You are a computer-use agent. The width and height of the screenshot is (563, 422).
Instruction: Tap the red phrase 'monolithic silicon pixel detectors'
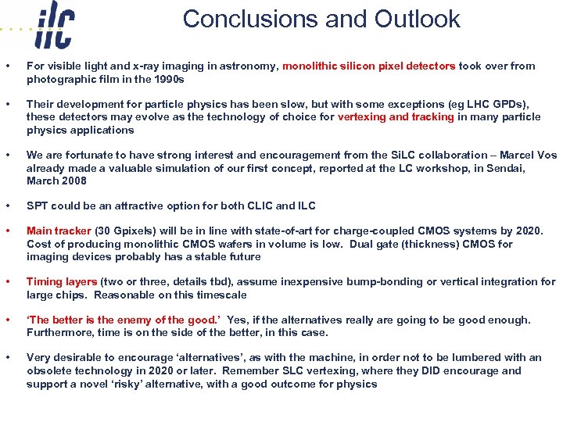pyautogui.click(x=369, y=66)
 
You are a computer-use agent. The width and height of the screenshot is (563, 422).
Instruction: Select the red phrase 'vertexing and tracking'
pyautogui.click(x=396, y=117)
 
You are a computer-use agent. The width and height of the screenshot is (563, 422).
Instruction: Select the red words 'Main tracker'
pyautogui.click(x=59, y=231)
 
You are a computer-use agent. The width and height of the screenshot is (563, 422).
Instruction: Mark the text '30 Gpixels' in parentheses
pyautogui.click(x=126, y=231)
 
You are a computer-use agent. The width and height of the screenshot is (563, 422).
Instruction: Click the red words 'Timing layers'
pyautogui.click(x=62, y=282)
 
